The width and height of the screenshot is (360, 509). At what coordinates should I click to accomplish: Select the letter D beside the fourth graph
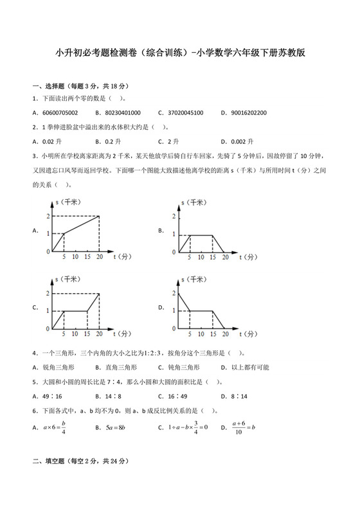pyautogui.click(x=161, y=308)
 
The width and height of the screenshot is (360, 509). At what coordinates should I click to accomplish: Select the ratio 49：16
pyautogui.click(x=52, y=397)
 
